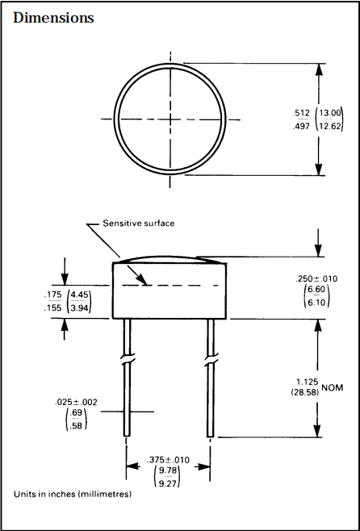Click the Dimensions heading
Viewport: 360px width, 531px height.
[53, 18]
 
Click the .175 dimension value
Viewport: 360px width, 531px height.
[54, 295]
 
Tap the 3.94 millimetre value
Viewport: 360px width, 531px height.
[80, 308]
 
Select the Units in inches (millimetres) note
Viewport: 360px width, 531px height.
[72, 493]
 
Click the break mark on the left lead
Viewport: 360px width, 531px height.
[128, 358]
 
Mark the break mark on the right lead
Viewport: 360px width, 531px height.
[211, 358]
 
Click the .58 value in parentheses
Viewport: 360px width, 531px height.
[77, 426]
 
